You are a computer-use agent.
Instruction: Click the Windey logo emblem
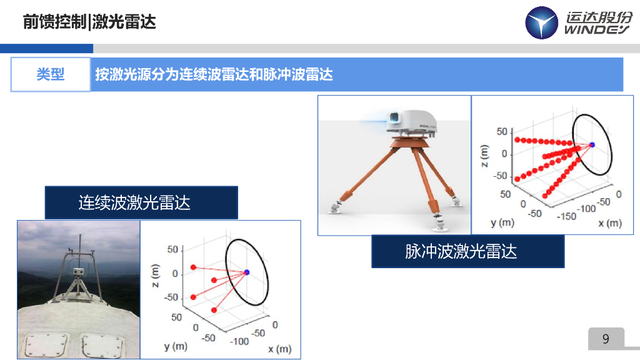pyautogui.click(x=541, y=23)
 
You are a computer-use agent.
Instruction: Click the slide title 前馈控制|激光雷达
pyautogui.click(x=89, y=22)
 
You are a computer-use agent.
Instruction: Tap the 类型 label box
pyautogui.click(x=51, y=74)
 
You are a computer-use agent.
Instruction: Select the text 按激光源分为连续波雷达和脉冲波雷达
pyautogui.click(x=214, y=75)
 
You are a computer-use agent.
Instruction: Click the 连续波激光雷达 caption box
pyautogui.click(x=141, y=202)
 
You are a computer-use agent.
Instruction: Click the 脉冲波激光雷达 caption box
pyautogui.click(x=467, y=251)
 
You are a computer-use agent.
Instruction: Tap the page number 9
pyautogui.click(x=605, y=339)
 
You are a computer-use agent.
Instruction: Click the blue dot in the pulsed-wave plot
pyautogui.click(x=592, y=145)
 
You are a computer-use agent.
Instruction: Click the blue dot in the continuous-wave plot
pyautogui.click(x=247, y=272)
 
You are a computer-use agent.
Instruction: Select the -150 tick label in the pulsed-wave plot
pyautogui.click(x=566, y=216)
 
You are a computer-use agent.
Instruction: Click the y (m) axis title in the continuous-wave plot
pyautogui.click(x=176, y=346)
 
